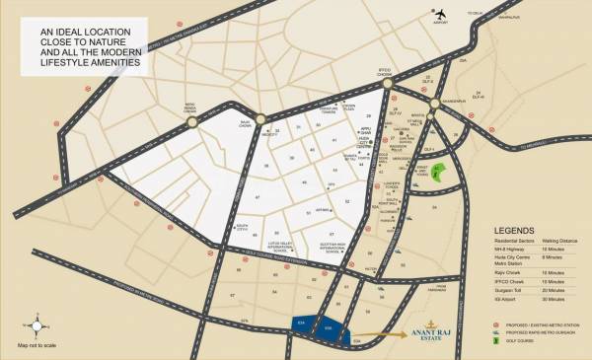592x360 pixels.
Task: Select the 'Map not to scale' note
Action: (37, 346)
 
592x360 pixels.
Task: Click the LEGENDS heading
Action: (516, 233)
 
